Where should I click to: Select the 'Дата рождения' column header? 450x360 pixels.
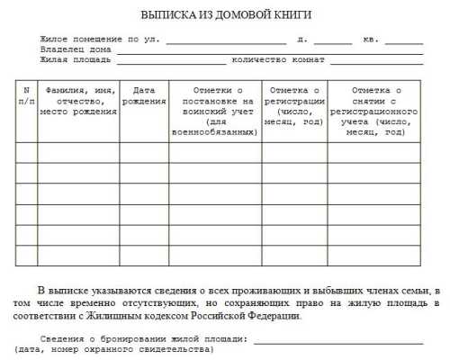[144, 95]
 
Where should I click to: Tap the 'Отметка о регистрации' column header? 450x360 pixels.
[294, 105]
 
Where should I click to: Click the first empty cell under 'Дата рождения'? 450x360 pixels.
[144, 152]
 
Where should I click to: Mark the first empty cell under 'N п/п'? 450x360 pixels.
[26, 152]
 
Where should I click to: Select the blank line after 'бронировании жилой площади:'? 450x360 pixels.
[337, 338]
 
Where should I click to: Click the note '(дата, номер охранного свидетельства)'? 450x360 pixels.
[112, 348]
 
